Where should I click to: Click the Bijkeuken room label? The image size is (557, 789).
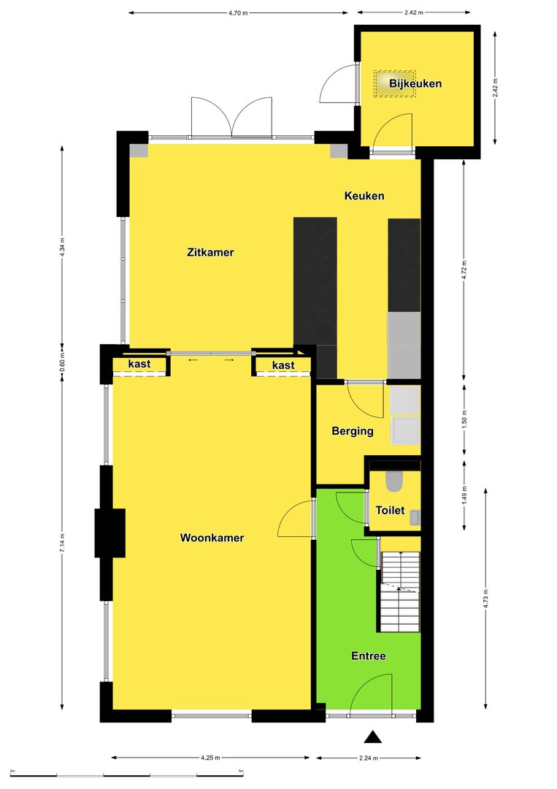[x=415, y=83]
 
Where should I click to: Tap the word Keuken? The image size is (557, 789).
[x=364, y=196]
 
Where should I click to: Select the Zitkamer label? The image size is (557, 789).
[x=210, y=252]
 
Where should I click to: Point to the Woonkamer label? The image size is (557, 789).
[x=212, y=538]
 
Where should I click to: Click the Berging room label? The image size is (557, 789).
[x=353, y=431]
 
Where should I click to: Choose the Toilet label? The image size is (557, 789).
[x=390, y=510]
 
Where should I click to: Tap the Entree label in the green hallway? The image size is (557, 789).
[x=369, y=655]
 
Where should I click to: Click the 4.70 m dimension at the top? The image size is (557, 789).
[x=238, y=12]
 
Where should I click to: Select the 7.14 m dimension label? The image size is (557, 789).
[x=62, y=544]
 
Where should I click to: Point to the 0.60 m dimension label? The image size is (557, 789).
[x=62, y=362]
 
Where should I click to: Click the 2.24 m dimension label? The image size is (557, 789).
[x=369, y=758]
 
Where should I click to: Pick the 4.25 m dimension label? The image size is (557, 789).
[x=210, y=758]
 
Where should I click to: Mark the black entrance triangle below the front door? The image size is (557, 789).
[x=372, y=737]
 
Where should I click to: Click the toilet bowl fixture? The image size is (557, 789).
[x=394, y=481]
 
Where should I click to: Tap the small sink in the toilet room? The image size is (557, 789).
[x=415, y=518]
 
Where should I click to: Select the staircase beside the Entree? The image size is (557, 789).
[x=400, y=591]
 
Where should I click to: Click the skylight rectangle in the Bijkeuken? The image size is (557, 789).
[x=395, y=83]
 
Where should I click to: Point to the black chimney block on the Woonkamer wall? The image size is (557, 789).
[x=110, y=533]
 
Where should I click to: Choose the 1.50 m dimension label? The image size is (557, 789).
[x=464, y=418]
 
